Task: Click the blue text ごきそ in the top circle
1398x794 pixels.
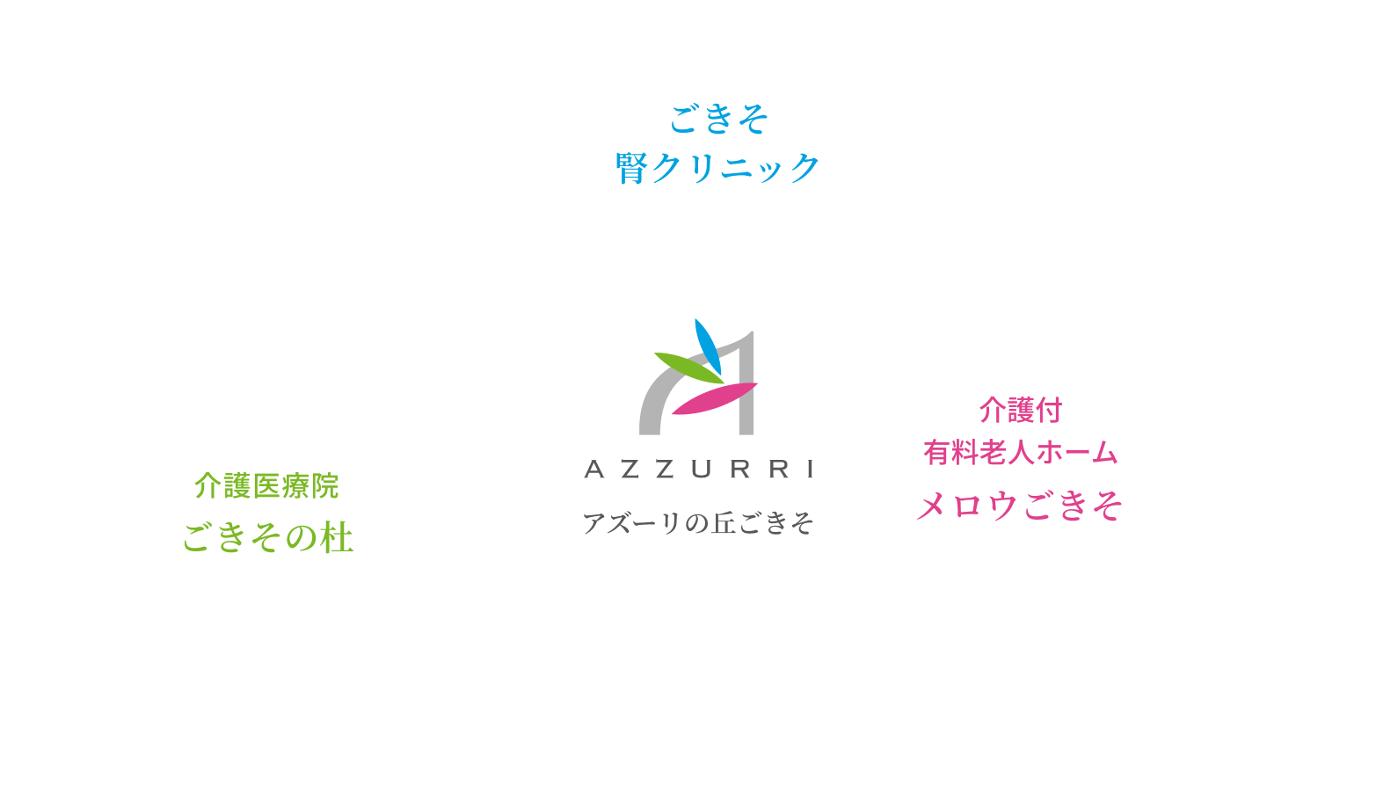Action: click(718, 120)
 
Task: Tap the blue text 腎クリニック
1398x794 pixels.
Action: click(718, 167)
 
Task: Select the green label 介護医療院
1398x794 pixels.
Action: click(266, 485)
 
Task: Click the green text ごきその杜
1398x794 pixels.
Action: click(267, 537)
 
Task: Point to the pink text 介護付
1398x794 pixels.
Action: click(1021, 410)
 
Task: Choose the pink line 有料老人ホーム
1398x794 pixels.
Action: click(1020, 453)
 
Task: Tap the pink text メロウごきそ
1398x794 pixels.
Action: click(1020, 506)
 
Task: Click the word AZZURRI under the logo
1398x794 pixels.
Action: click(699, 470)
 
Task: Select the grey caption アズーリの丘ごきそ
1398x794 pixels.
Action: click(698, 523)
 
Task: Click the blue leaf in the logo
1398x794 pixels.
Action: click(708, 346)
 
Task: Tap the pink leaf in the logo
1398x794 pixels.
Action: click(714, 399)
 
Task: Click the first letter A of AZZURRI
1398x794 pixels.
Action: click(594, 470)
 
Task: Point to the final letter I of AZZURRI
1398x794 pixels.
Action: click(811, 470)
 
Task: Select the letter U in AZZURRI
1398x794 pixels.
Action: click(701, 470)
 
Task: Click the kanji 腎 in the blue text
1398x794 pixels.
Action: click(631, 168)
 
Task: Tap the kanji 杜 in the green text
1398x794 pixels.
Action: click(336, 538)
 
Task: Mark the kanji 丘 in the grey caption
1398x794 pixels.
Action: click(724, 523)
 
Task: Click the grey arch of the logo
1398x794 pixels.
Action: click(651, 404)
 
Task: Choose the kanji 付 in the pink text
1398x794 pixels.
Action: click(1049, 410)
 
